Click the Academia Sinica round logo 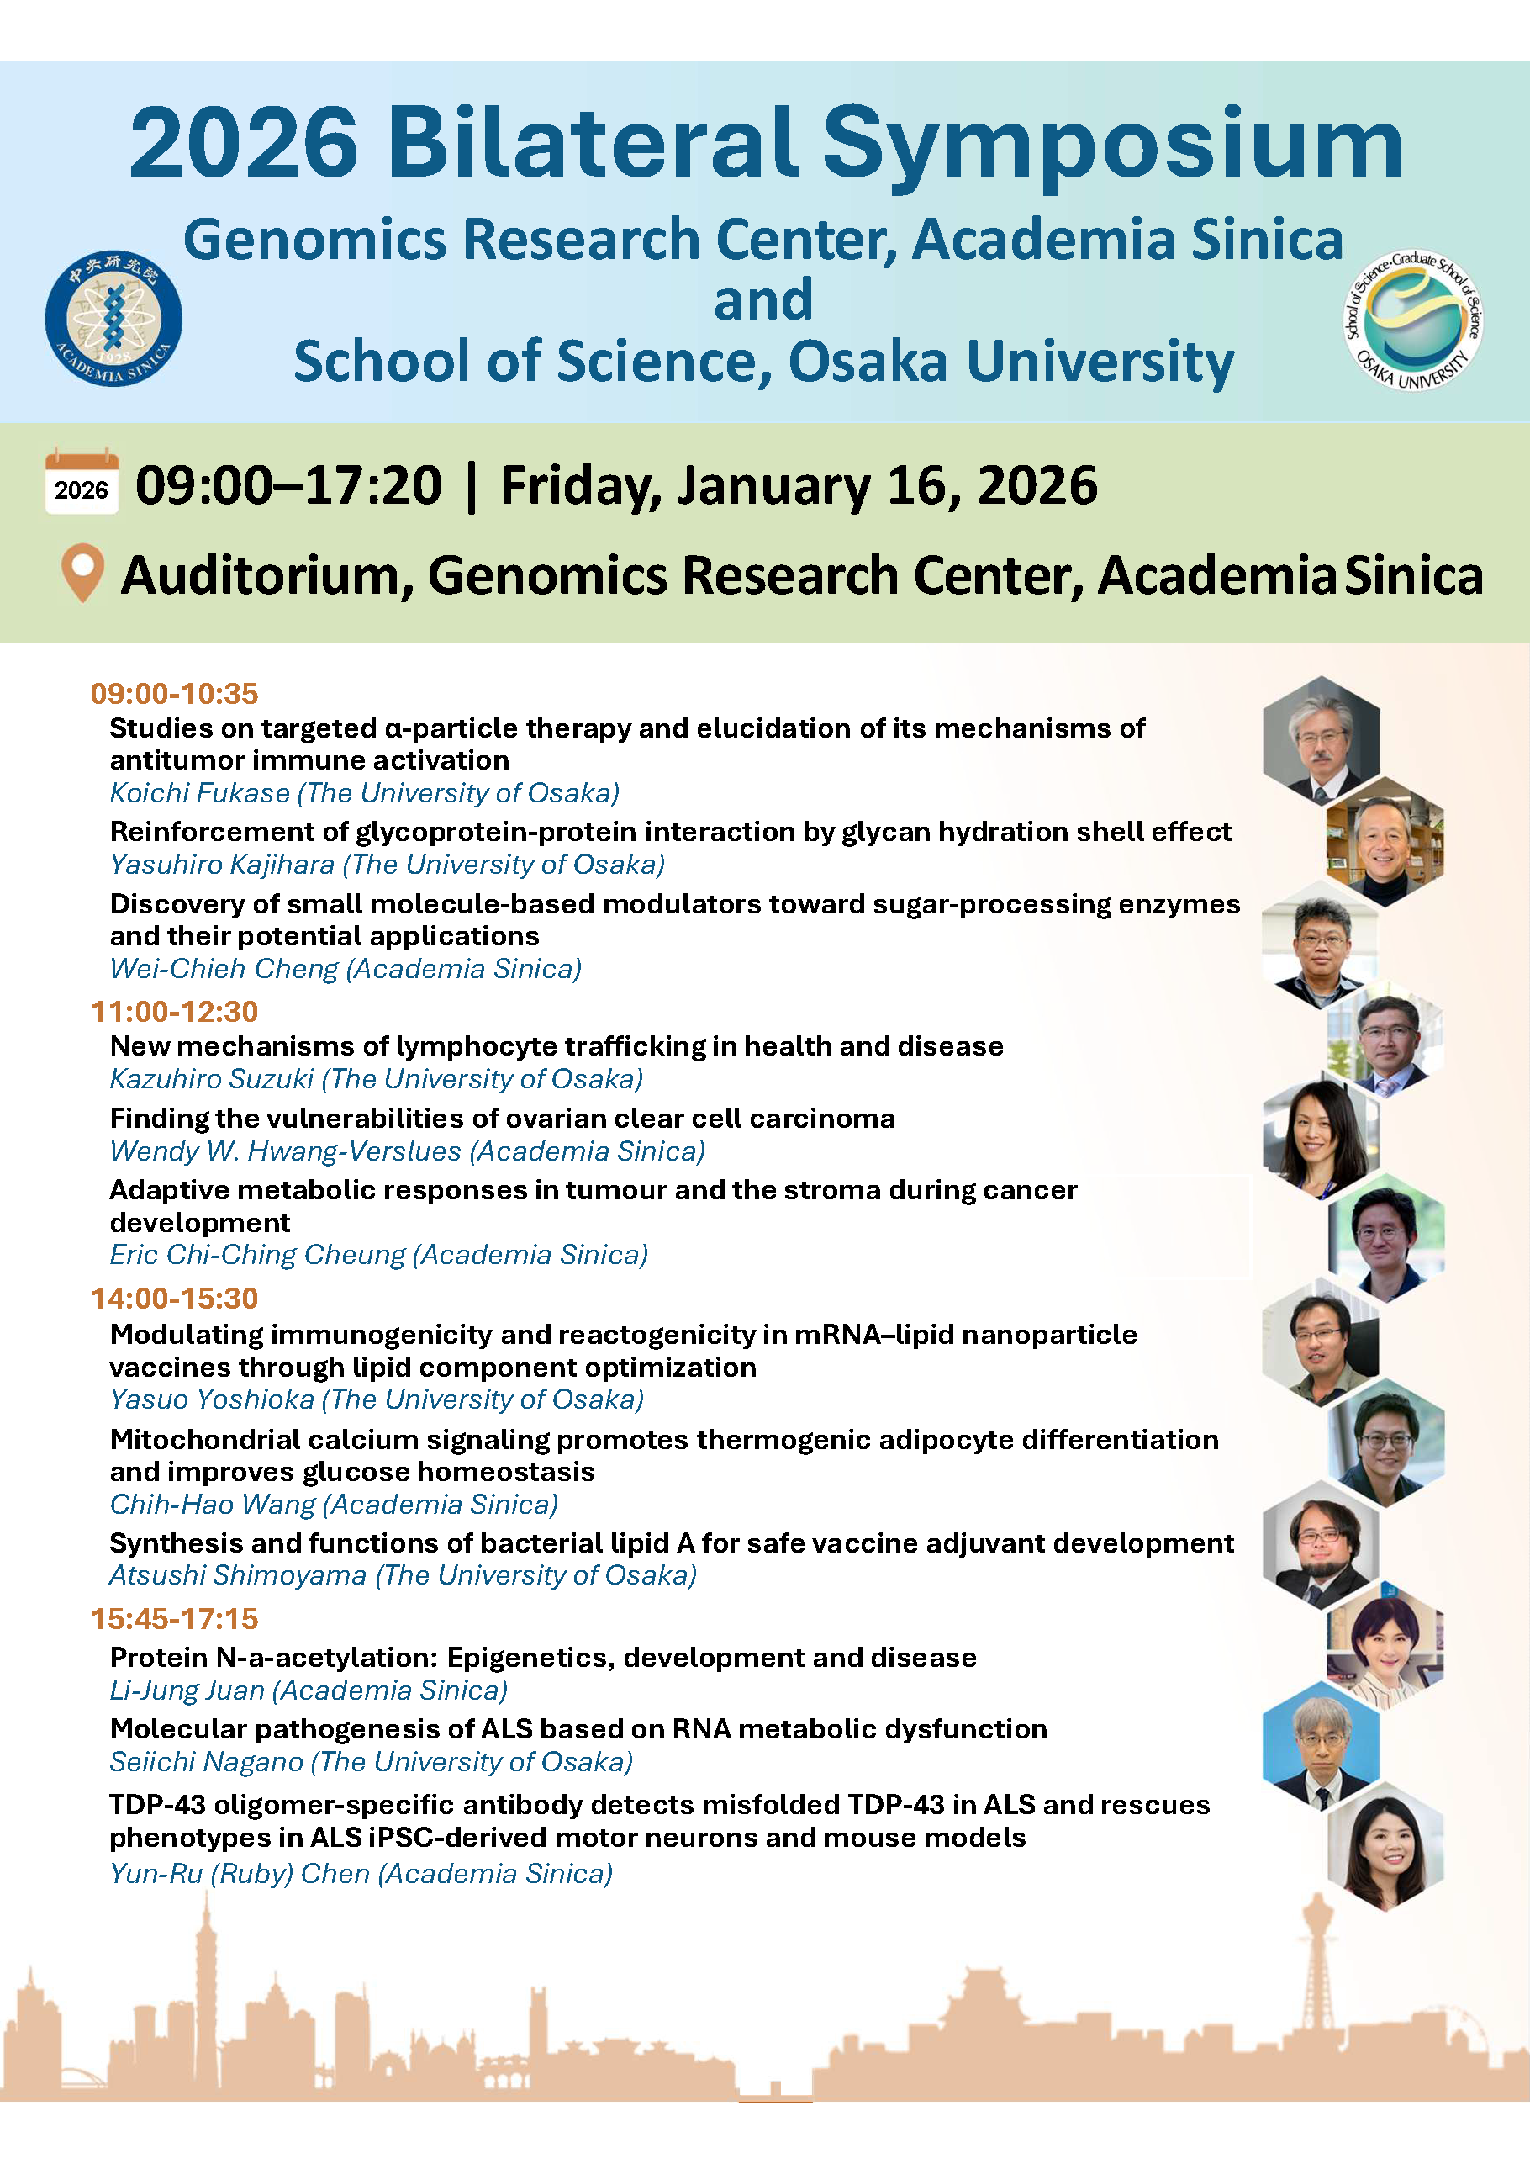point(113,319)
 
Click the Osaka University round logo point(1412,320)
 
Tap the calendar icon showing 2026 point(82,483)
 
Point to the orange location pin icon point(83,572)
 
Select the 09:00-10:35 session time point(174,694)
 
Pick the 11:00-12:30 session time point(174,1011)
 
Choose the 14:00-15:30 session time point(174,1298)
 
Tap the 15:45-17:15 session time point(174,1618)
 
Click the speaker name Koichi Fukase point(200,792)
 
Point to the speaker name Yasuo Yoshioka point(212,1399)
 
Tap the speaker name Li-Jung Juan point(187,1690)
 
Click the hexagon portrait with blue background point(1321,1745)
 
